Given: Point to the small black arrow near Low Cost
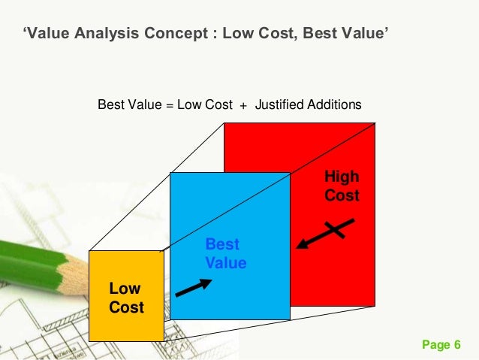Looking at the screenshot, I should click(x=193, y=287).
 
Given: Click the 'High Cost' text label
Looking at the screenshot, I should click(x=342, y=186).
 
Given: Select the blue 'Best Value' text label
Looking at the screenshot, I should click(x=225, y=254).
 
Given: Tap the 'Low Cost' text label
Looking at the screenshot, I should click(x=126, y=298).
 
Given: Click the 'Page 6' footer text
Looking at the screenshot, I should click(x=441, y=345).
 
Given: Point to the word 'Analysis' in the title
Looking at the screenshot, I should click(x=100, y=34).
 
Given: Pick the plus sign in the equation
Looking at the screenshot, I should click(x=243, y=105).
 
